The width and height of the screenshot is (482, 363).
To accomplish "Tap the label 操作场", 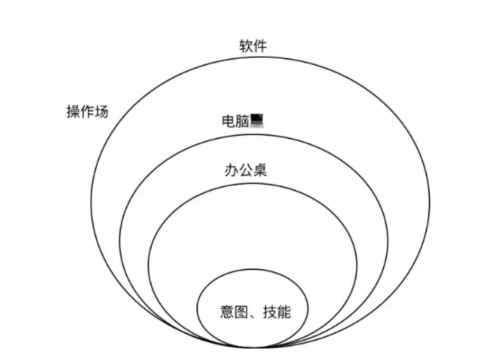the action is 87,112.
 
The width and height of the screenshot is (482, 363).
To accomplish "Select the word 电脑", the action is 235,121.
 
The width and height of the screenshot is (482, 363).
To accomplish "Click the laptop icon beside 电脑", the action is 257,121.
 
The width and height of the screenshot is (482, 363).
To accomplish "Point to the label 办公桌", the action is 245,170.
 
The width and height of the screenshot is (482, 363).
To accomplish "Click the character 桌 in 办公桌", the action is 259,170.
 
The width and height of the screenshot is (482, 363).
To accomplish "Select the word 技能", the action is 276,312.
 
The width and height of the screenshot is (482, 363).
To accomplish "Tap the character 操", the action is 73,112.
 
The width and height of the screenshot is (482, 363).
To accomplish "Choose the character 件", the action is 260,46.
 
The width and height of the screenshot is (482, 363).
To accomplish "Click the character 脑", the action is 242,121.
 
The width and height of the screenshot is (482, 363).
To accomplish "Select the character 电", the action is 228,121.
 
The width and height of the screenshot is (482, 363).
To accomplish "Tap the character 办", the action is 231,170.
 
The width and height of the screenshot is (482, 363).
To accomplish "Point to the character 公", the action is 245,170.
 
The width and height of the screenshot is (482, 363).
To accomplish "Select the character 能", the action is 284,312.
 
